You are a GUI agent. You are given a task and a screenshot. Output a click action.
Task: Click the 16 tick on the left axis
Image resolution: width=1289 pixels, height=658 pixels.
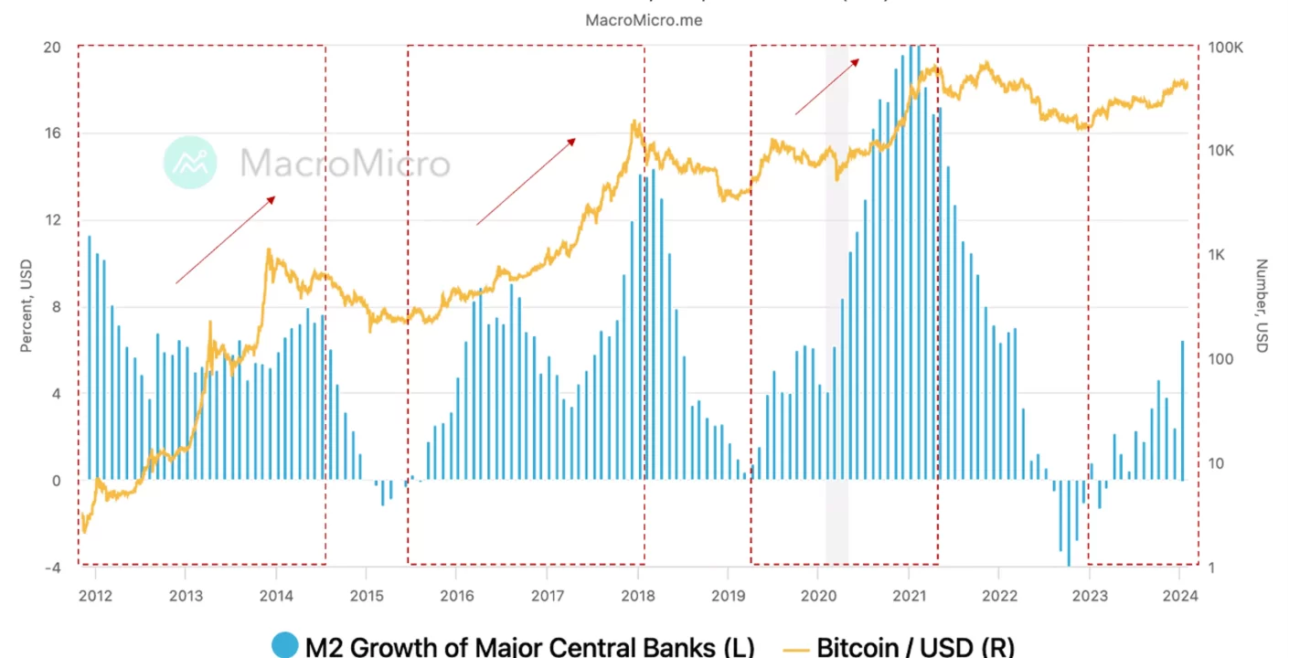tap(53, 133)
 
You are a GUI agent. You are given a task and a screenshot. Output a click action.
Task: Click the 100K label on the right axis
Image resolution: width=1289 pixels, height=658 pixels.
tap(1225, 48)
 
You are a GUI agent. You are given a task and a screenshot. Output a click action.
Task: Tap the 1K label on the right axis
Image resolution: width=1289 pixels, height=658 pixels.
tap(1217, 255)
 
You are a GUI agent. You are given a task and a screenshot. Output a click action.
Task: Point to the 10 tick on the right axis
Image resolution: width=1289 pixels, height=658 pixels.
tap(1215, 463)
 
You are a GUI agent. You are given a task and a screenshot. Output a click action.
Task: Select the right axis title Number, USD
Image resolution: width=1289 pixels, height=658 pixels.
tap(1262, 306)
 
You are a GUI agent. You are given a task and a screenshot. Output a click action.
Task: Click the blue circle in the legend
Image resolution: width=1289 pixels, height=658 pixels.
tap(284, 646)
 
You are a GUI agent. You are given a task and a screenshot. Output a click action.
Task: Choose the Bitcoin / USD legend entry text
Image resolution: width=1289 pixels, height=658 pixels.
tap(914, 647)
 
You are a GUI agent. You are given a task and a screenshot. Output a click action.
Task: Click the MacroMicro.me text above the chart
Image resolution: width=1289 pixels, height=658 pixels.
tap(644, 19)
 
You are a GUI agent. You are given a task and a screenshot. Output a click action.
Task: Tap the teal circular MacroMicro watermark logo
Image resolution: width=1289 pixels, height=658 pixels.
tap(189, 163)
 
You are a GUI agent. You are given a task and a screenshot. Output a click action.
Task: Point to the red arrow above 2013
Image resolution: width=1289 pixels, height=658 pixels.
tap(225, 239)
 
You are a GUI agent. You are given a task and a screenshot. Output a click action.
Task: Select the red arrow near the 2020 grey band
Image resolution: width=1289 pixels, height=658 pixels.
tap(827, 86)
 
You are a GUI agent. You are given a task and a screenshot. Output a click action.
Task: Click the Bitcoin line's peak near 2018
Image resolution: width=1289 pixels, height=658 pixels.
tap(633, 122)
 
